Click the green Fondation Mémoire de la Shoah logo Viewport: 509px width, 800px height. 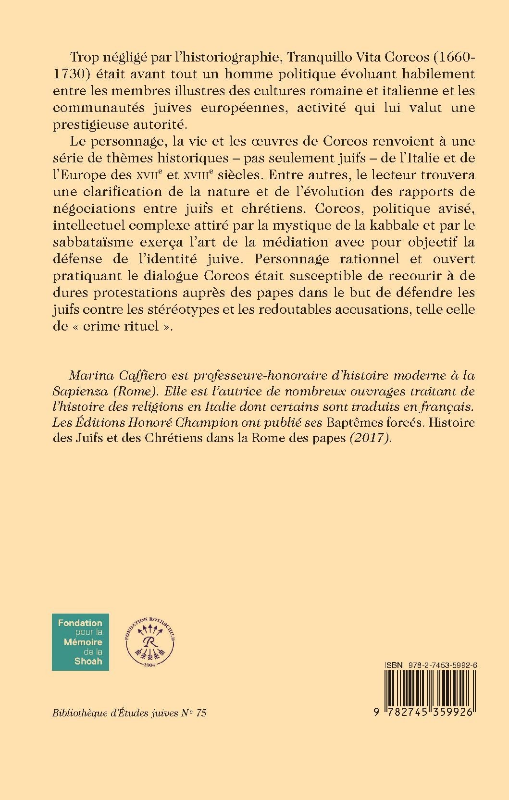[x=80, y=641]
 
